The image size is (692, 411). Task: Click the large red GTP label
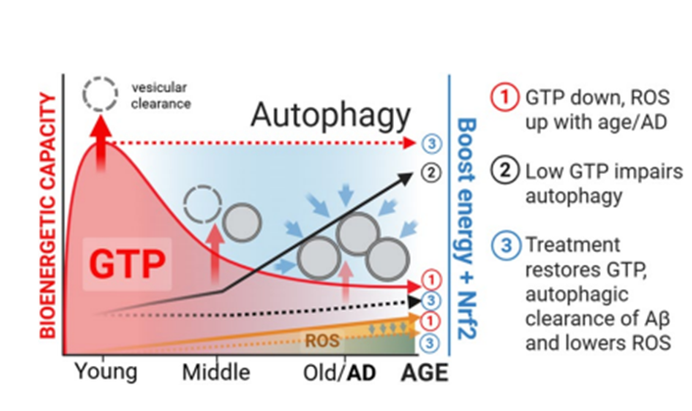coord(127,264)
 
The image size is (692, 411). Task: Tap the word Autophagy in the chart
coord(330,115)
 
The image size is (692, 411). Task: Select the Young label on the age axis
coord(106,372)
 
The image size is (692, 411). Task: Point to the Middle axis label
coord(217,372)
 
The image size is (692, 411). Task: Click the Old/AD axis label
coord(339,373)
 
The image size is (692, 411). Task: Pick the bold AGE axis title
coord(424,373)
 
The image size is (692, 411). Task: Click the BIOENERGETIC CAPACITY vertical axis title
coord(48,215)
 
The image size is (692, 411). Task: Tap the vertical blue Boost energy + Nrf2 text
coord(466,229)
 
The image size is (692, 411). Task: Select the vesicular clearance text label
coord(161,95)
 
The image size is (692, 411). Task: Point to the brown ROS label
coord(322,340)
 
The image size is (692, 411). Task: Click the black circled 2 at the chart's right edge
coord(430,173)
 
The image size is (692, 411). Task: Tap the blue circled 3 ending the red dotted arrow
coord(431,143)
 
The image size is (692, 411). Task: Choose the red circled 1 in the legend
coord(505,96)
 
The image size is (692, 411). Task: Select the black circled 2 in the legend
coord(505,171)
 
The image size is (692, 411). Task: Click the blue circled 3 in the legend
coord(506,245)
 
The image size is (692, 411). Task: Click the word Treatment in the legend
coord(572,244)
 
